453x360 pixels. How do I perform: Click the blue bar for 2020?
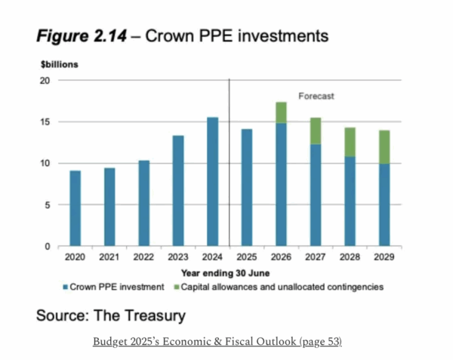pyautogui.click(x=75, y=208)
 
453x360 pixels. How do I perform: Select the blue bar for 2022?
pyautogui.click(x=143, y=204)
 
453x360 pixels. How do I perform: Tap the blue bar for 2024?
pyautogui.click(x=212, y=182)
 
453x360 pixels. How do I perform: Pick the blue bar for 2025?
pyautogui.click(x=247, y=188)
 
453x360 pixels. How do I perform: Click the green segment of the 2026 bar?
pyautogui.click(x=281, y=112)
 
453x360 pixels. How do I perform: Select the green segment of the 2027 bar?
pyautogui.click(x=315, y=131)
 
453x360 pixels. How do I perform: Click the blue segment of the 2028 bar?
pyautogui.click(x=349, y=202)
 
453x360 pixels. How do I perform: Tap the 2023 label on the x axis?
pyautogui.click(x=178, y=257)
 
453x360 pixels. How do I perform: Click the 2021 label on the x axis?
pyautogui.click(x=109, y=257)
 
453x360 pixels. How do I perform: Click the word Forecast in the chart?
pyautogui.click(x=316, y=97)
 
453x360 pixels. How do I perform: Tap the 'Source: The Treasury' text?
pyautogui.click(x=111, y=315)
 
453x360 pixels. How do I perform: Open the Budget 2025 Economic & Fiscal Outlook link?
pyautogui.click(x=217, y=342)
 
